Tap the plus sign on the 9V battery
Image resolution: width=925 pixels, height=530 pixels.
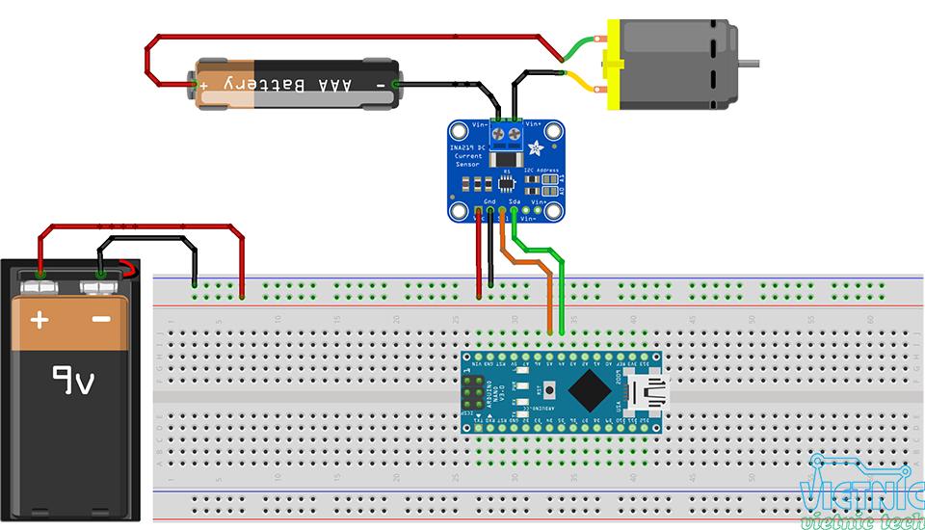click(x=39, y=319)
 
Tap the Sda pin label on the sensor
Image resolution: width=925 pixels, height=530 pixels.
click(x=515, y=200)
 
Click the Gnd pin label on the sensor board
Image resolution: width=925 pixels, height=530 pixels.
click(x=490, y=200)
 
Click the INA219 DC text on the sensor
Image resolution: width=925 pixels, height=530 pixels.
click(x=471, y=146)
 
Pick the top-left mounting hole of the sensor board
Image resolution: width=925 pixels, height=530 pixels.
click(x=460, y=132)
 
